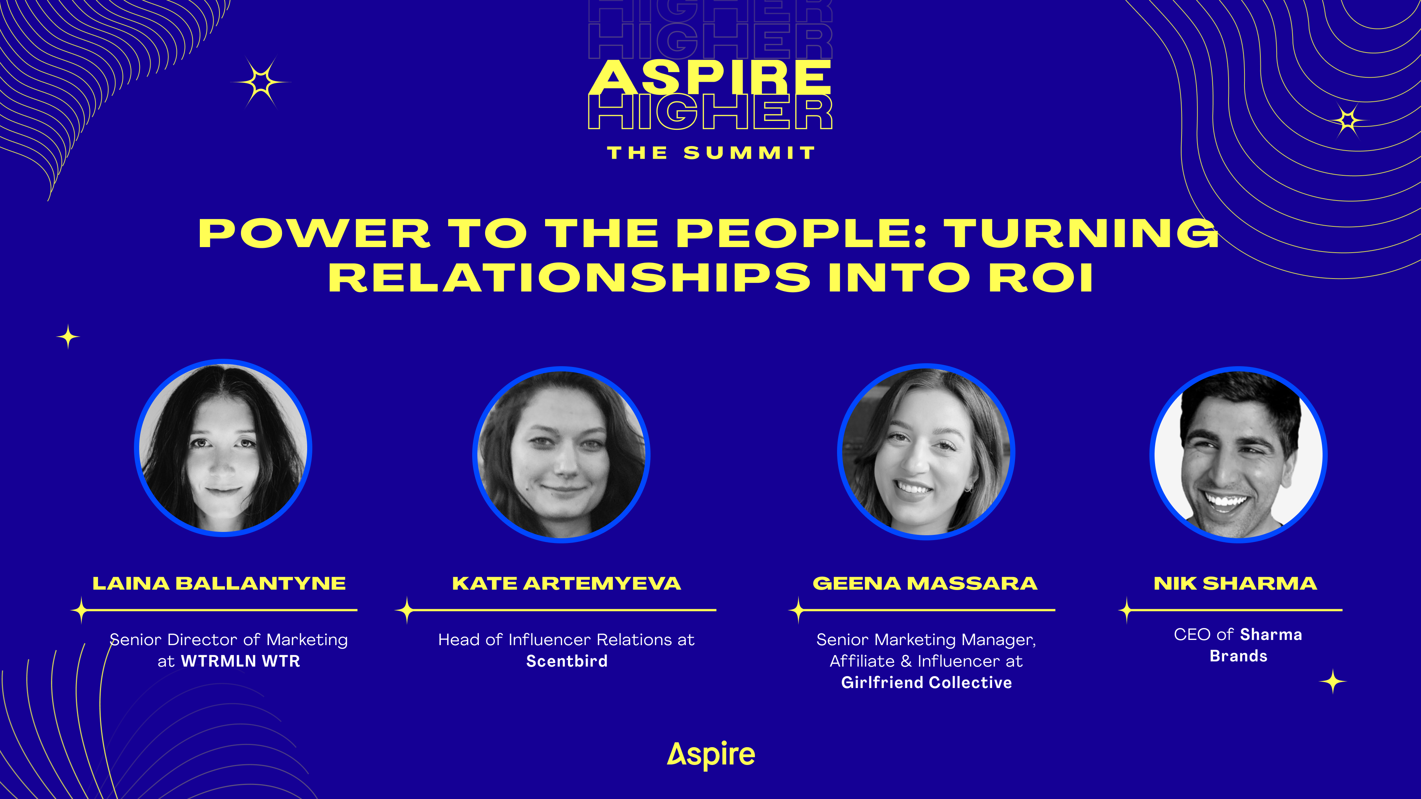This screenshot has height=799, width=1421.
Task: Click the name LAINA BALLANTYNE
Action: (219, 583)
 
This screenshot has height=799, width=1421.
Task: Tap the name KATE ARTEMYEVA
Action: (567, 583)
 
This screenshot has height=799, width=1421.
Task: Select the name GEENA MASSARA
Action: (925, 583)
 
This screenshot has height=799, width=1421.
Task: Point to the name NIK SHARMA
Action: (1235, 583)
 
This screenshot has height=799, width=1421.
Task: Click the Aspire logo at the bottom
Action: (711, 755)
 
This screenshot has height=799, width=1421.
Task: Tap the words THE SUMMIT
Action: (711, 153)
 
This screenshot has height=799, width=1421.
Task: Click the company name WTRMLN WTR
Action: (241, 661)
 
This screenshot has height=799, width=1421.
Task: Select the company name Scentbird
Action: (567, 661)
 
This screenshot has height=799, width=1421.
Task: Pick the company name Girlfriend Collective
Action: (926, 682)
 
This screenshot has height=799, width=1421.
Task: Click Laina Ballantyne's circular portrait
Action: (223, 448)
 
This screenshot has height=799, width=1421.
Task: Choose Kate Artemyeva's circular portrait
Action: (561, 454)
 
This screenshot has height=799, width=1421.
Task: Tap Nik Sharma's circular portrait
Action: (1239, 454)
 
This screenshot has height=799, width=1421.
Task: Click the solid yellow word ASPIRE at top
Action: (710, 77)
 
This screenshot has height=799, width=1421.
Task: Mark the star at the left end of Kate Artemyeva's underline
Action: (407, 610)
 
